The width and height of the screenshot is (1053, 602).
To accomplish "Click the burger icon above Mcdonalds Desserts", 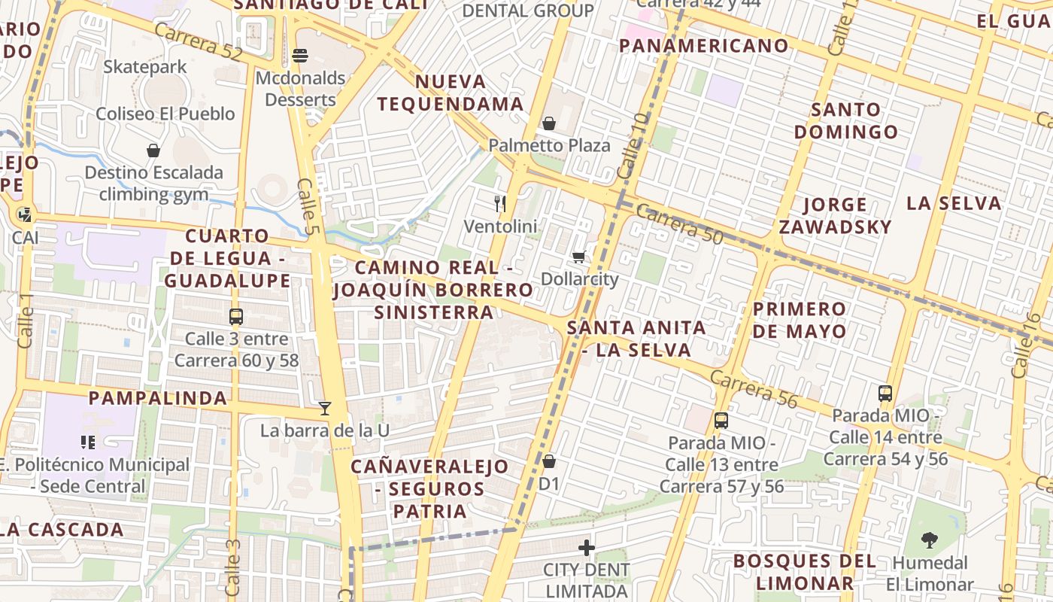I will [x=299, y=56].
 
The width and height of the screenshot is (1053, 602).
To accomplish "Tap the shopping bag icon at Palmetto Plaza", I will [x=549, y=123].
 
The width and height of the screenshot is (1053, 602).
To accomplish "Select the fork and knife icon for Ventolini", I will [x=500, y=203].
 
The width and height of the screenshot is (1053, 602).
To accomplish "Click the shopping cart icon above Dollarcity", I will [x=578, y=257].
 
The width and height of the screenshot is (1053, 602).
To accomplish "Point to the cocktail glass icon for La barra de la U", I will [x=325, y=409].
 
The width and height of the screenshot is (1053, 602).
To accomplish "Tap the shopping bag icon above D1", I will [x=549, y=461].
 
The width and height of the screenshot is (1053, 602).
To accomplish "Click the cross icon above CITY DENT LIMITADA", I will [x=587, y=547].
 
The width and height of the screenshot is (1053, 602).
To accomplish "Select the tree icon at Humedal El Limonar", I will [x=930, y=540].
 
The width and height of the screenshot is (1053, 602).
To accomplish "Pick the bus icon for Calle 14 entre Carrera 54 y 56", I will [x=885, y=393].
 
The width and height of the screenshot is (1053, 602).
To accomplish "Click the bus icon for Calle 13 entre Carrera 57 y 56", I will [x=721, y=421].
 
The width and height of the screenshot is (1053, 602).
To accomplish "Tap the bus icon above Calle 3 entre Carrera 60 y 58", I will [x=236, y=317].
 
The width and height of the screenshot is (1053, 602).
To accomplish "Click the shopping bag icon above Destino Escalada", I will [x=153, y=150].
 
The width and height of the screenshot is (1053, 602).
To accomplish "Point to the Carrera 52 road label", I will [x=199, y=41].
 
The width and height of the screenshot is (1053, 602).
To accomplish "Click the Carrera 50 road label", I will [x=678, y=224].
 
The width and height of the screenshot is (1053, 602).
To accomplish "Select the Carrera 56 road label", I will [x=753, y=388].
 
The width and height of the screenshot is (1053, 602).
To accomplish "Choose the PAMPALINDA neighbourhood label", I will [x=158, y=398].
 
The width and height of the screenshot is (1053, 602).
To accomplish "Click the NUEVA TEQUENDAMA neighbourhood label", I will [x=450, y=93].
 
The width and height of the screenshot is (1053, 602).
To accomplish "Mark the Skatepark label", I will [x=144, y=67].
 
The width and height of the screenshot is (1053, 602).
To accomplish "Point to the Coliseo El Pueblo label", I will [x=165, y=114].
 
